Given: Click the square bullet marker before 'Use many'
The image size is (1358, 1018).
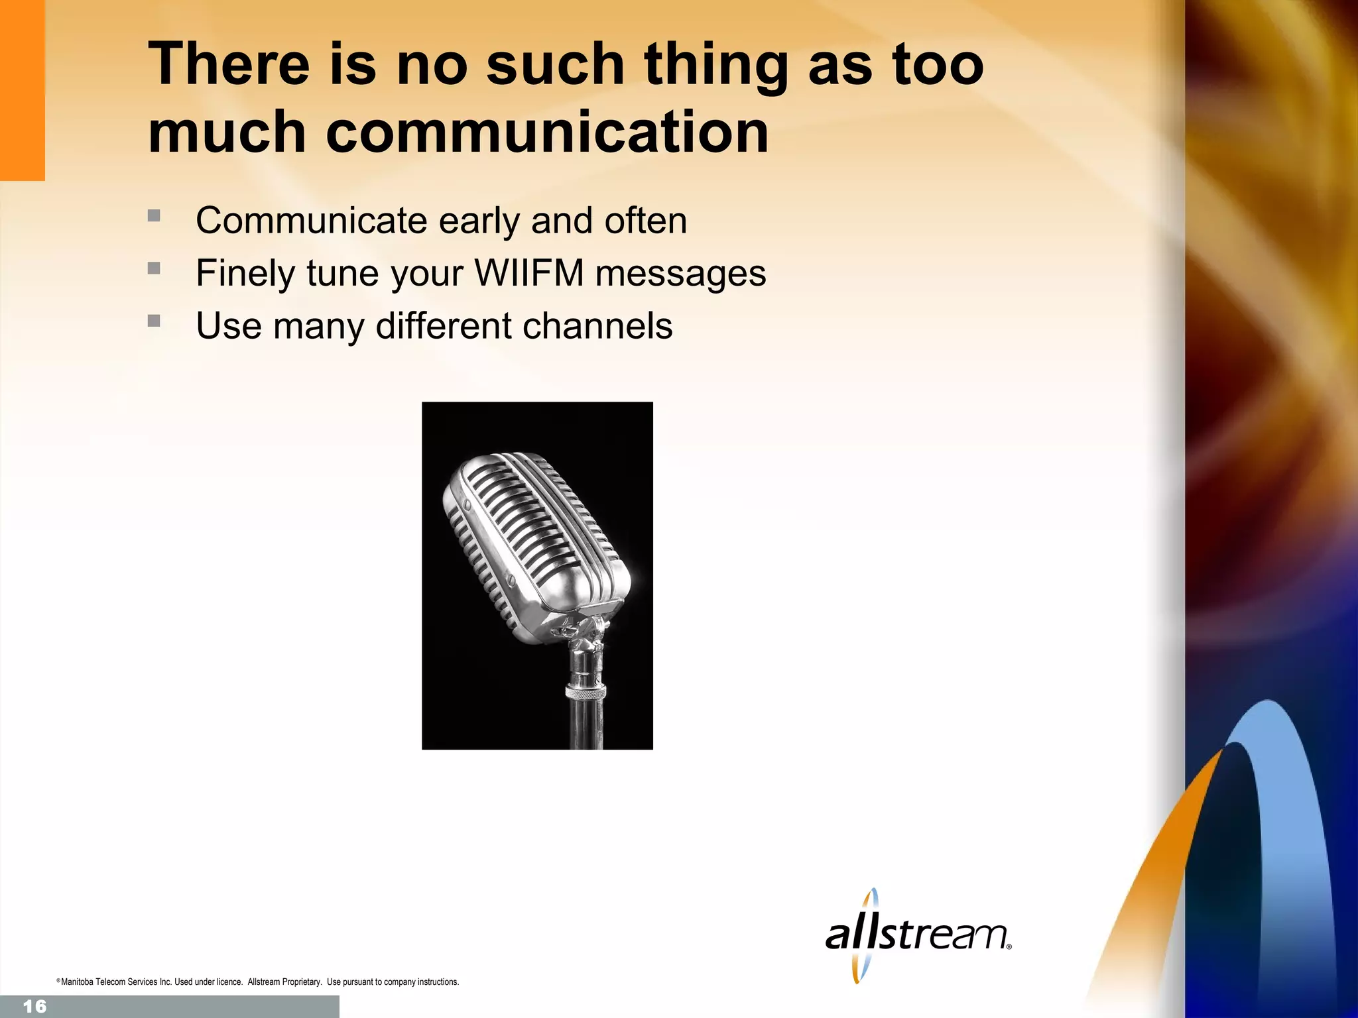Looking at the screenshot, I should coord(154,321).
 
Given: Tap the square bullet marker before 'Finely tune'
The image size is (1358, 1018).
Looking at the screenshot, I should coord(154,268).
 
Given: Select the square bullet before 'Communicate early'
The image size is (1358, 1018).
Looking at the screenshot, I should coord(154,215).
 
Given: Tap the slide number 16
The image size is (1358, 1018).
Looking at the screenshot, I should coord(34,1007).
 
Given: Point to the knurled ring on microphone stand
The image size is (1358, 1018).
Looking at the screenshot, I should coord(585,692).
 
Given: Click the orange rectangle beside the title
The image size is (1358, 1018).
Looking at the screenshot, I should coord(22,90).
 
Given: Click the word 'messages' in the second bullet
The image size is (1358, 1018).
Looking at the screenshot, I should coord(680,273).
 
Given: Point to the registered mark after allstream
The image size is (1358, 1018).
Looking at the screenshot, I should coord(1009,947).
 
